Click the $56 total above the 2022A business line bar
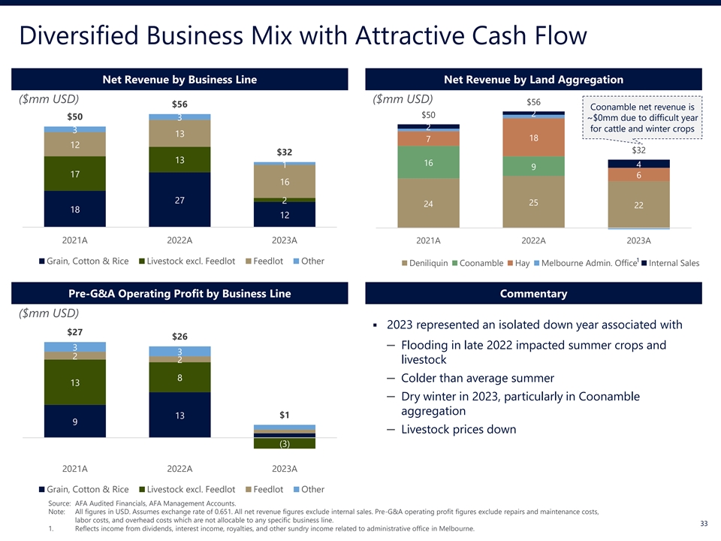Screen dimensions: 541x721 [x=179, y=104]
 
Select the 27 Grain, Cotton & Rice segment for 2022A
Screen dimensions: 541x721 [x=179, y=200]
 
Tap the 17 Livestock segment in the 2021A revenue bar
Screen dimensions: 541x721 [x=74, y=174]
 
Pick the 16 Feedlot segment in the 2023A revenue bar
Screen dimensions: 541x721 [x=285, y=182]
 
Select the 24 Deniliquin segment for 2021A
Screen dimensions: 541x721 [x=428, y=204]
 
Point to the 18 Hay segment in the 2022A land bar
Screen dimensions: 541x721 [x=533, y=138]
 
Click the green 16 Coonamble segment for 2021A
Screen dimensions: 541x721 [x=428, y=162]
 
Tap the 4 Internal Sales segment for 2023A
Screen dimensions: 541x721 [x=638, y=164]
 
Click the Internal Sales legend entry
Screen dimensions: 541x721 [x=672, y=263]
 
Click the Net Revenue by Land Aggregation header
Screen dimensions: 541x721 [x=533, y=80]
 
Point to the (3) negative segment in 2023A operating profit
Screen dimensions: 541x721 [x=285, y=444]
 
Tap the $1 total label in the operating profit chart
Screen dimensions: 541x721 [x=285, y=415]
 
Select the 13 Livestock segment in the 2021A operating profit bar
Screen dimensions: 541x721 [x=74, y=383]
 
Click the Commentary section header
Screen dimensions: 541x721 [x=533, y=294]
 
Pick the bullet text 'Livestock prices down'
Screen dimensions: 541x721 [x=459, y=430]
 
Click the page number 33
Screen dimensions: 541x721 [x=704, y=524]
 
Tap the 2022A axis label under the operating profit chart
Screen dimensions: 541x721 [x=179, y=469]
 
